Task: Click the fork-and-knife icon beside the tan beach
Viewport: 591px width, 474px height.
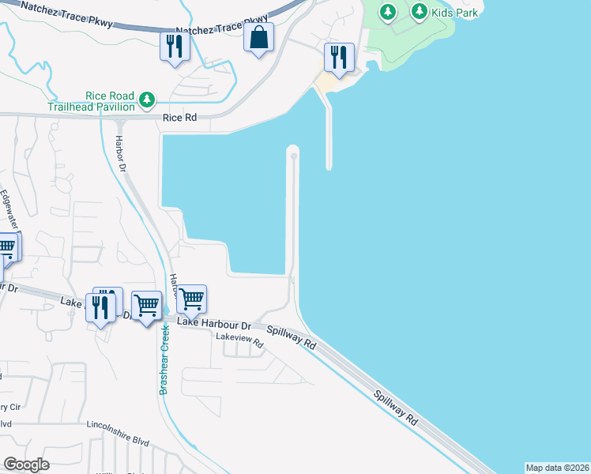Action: [339, 57]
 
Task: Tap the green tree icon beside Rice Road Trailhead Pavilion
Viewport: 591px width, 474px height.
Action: [146, 100]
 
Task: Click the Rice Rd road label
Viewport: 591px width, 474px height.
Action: [179, 118]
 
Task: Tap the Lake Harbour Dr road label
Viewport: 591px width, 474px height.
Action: [213, 324]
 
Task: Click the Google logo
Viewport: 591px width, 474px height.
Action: [26, 465]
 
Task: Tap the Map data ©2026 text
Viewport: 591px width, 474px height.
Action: [557, 468]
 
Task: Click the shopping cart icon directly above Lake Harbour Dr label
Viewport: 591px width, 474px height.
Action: [191, 299]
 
